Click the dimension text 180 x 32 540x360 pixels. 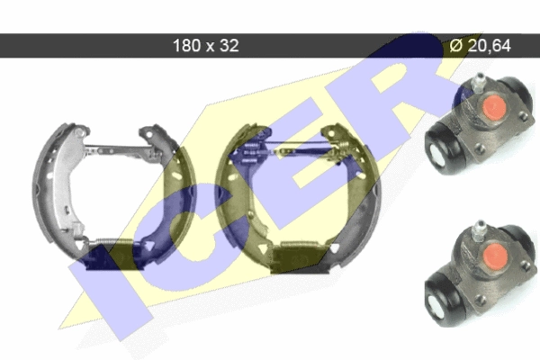pyautogui.click(x=205, y=46)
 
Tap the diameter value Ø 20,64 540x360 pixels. pyautogui.click(x=481, y=46)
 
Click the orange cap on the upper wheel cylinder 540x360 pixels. pyautogui.click(x=494, y=107)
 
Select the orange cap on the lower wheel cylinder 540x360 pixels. pyautogui.click(x=495, y=255)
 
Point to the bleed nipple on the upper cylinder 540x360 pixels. pyautogui.click(x=477, y=83)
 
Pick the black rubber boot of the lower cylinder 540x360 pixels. pyautogui.click(x=445, y=298)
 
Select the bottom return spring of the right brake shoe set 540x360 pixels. pyautogui.click(x=299, y=244)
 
